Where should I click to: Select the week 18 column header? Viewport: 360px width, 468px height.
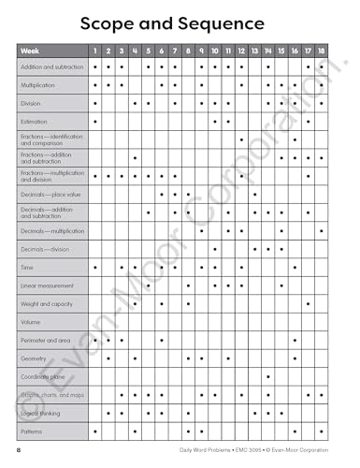click(x=322, y=50)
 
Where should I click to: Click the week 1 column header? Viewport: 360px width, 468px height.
click(x=95, y=50)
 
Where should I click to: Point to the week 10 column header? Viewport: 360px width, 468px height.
click(x=215, y=50)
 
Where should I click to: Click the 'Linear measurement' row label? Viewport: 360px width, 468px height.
click(x=44, y=285)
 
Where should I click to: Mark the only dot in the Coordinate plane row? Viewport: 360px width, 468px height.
click(x=268, y=376)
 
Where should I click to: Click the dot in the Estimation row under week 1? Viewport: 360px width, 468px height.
click(x=95, y=122)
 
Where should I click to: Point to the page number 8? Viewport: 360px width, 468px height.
click(x=18, y=452)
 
